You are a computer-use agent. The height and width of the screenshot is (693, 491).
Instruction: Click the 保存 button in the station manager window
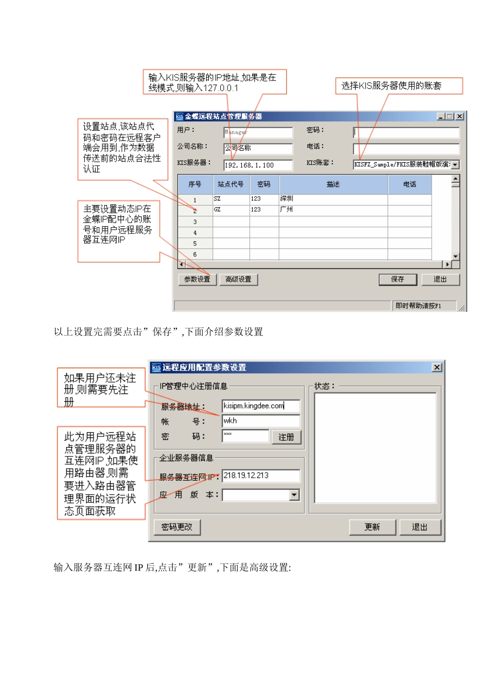(x=397, y=279)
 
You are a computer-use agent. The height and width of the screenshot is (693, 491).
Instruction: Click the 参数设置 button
(x=197, y=279)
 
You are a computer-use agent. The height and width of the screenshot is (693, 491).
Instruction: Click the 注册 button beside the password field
(x=286, y=437)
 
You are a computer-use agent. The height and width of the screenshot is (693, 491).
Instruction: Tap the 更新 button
(x=372, y=527)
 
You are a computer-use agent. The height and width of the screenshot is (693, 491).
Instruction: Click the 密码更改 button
(x=177, y=527)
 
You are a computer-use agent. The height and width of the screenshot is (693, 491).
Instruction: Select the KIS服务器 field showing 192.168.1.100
(x=258, y=165)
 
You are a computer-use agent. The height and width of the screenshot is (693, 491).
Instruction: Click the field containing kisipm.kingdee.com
(x=261, y=406)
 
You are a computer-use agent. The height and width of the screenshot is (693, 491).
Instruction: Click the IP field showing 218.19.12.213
(x=261, y=476)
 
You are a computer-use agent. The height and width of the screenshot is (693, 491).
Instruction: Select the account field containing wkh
(x=261, y=421)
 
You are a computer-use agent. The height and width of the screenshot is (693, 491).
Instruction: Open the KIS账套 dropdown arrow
(x=455, y=165)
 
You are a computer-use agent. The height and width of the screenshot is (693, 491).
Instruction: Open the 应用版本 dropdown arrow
(x=294, y=495)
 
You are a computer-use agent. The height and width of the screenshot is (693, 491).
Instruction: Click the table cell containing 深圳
(x=333, y=199)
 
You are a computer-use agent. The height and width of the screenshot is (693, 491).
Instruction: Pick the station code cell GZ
(x=231, y=210)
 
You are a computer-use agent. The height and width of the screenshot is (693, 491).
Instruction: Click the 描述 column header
(x=333, y=184)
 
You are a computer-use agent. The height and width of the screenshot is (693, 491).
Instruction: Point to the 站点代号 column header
(x=231, y=184)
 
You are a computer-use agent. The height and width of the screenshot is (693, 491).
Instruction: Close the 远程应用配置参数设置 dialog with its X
(x=437, y=367)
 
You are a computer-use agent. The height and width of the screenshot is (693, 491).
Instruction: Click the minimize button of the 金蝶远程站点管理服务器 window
(x=441, y=117)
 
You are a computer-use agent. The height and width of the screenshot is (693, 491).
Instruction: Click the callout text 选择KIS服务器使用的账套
(x=391, y=86)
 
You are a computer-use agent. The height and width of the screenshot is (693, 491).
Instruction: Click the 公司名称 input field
(x=258, y=148)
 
